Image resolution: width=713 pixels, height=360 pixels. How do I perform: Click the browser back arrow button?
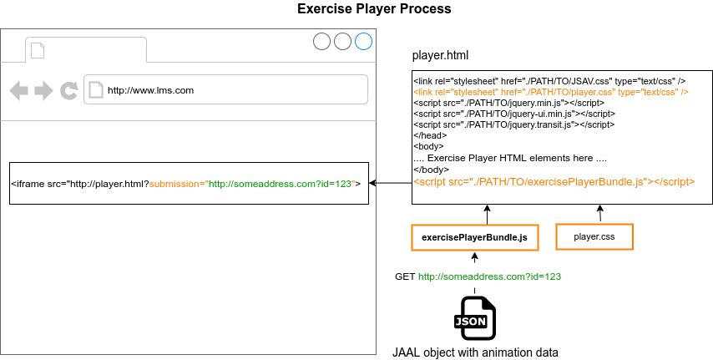click(19, 89)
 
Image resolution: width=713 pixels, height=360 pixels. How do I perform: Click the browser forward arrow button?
click(43, 89)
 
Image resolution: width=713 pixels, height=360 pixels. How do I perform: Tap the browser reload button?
click(68, 89)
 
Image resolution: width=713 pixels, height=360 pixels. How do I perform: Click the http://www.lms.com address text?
click(150, 90)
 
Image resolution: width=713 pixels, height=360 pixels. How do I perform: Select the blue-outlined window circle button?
click(363, 42)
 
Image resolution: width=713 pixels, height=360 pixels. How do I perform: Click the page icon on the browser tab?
click(37, 51)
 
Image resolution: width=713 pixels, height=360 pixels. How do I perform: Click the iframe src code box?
click(189, 183)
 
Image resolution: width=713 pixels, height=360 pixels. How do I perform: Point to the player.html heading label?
click(440, 56)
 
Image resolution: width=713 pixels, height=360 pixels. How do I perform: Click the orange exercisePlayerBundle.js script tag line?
click(554, 180)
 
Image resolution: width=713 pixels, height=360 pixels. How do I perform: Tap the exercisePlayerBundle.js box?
click(474, 237)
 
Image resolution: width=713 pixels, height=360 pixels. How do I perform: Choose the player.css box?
click(594, 237)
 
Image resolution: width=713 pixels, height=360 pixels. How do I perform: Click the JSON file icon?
click(474, 317)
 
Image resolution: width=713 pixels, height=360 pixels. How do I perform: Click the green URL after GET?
click(489, 276)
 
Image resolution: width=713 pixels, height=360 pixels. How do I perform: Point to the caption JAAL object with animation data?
click(475, 352)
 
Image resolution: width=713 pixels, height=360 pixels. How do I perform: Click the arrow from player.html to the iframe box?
click(390, 183)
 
